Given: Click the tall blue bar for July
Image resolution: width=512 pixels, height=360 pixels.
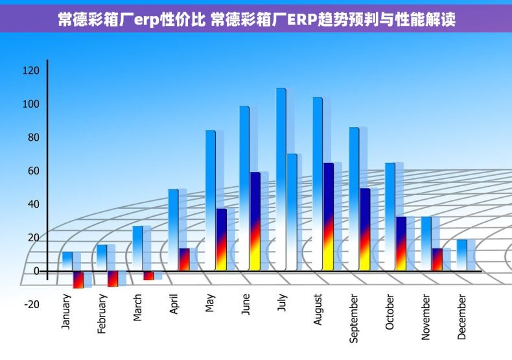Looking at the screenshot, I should [x=281, y=178].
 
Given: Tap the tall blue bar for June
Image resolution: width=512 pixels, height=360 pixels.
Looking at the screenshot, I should [x=244, y=188].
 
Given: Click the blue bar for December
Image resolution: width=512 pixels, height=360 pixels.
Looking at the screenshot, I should [x=462, y=255].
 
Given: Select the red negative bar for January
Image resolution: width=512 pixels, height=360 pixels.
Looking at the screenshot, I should [x=78, y=280].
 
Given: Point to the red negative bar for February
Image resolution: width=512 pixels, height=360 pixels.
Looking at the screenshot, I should [x=113, y=278].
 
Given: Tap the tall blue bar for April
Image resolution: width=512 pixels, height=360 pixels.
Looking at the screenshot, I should [x=173, y=230].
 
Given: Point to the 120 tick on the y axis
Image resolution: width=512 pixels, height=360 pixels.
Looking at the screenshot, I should [x=31, y=70].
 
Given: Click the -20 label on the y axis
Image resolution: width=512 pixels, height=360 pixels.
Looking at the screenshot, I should [x=32, y=304].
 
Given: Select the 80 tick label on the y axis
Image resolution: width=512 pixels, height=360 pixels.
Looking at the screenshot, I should [x=32, y=138].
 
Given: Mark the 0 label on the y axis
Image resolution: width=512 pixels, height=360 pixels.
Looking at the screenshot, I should [x=36, y=271].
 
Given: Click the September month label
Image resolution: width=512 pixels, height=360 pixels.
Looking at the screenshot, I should [x=354, y=318].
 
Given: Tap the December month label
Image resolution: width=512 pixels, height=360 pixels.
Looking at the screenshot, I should [x=462, y=317].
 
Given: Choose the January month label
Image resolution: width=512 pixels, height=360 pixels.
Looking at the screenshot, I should [x=66, y=312].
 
